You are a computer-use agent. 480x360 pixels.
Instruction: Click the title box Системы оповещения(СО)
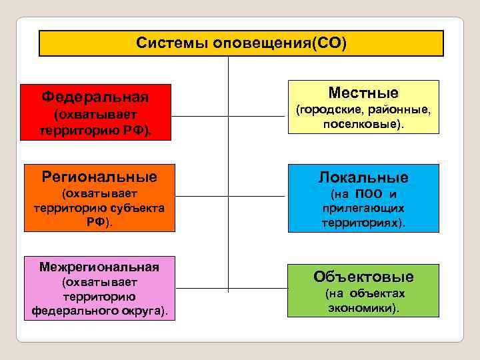point(241,43)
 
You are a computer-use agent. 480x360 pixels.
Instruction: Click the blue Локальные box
point(363,198)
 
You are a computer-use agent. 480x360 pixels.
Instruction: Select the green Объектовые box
point(363,290)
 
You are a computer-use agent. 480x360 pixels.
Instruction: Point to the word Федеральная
point(95,97)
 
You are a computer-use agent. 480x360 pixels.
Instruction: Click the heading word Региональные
point(99,177)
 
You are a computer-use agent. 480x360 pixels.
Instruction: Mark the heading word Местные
point(363,93)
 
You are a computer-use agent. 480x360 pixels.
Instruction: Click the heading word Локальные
point(363,177)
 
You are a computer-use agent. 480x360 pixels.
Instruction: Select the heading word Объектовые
point(363,276)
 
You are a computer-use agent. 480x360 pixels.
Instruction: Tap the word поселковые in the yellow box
point(361,125)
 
